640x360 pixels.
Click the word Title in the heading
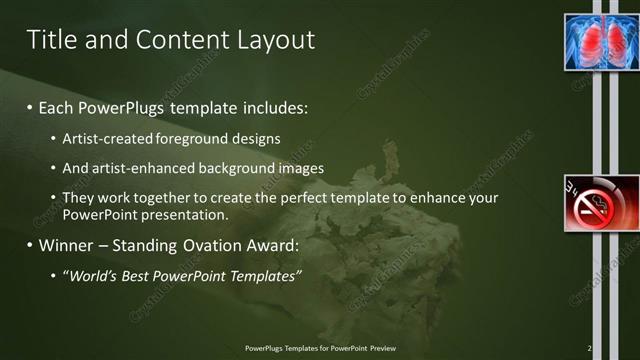tap(49, 40)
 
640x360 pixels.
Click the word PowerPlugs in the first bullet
tap(124, 106)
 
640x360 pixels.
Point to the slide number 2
tap(589, 348)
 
